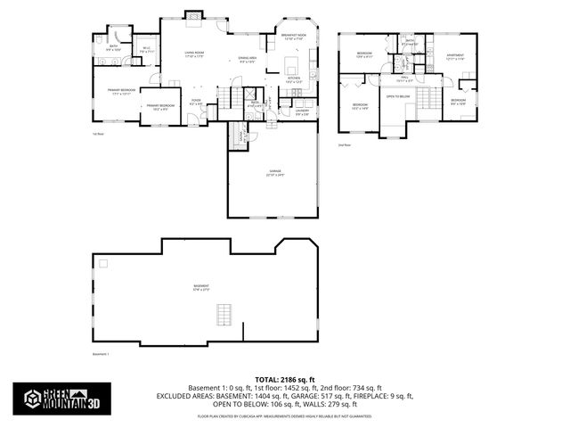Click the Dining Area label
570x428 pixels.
click(x=248, y=60)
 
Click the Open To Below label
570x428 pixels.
click(x=398, y=95)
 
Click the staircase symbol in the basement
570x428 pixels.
click(x=224, y=315)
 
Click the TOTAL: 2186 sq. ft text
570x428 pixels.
click(x=285, y=379)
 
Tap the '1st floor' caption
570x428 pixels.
click(x=98, y=135)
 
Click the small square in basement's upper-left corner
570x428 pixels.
click(x=102, y=263)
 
